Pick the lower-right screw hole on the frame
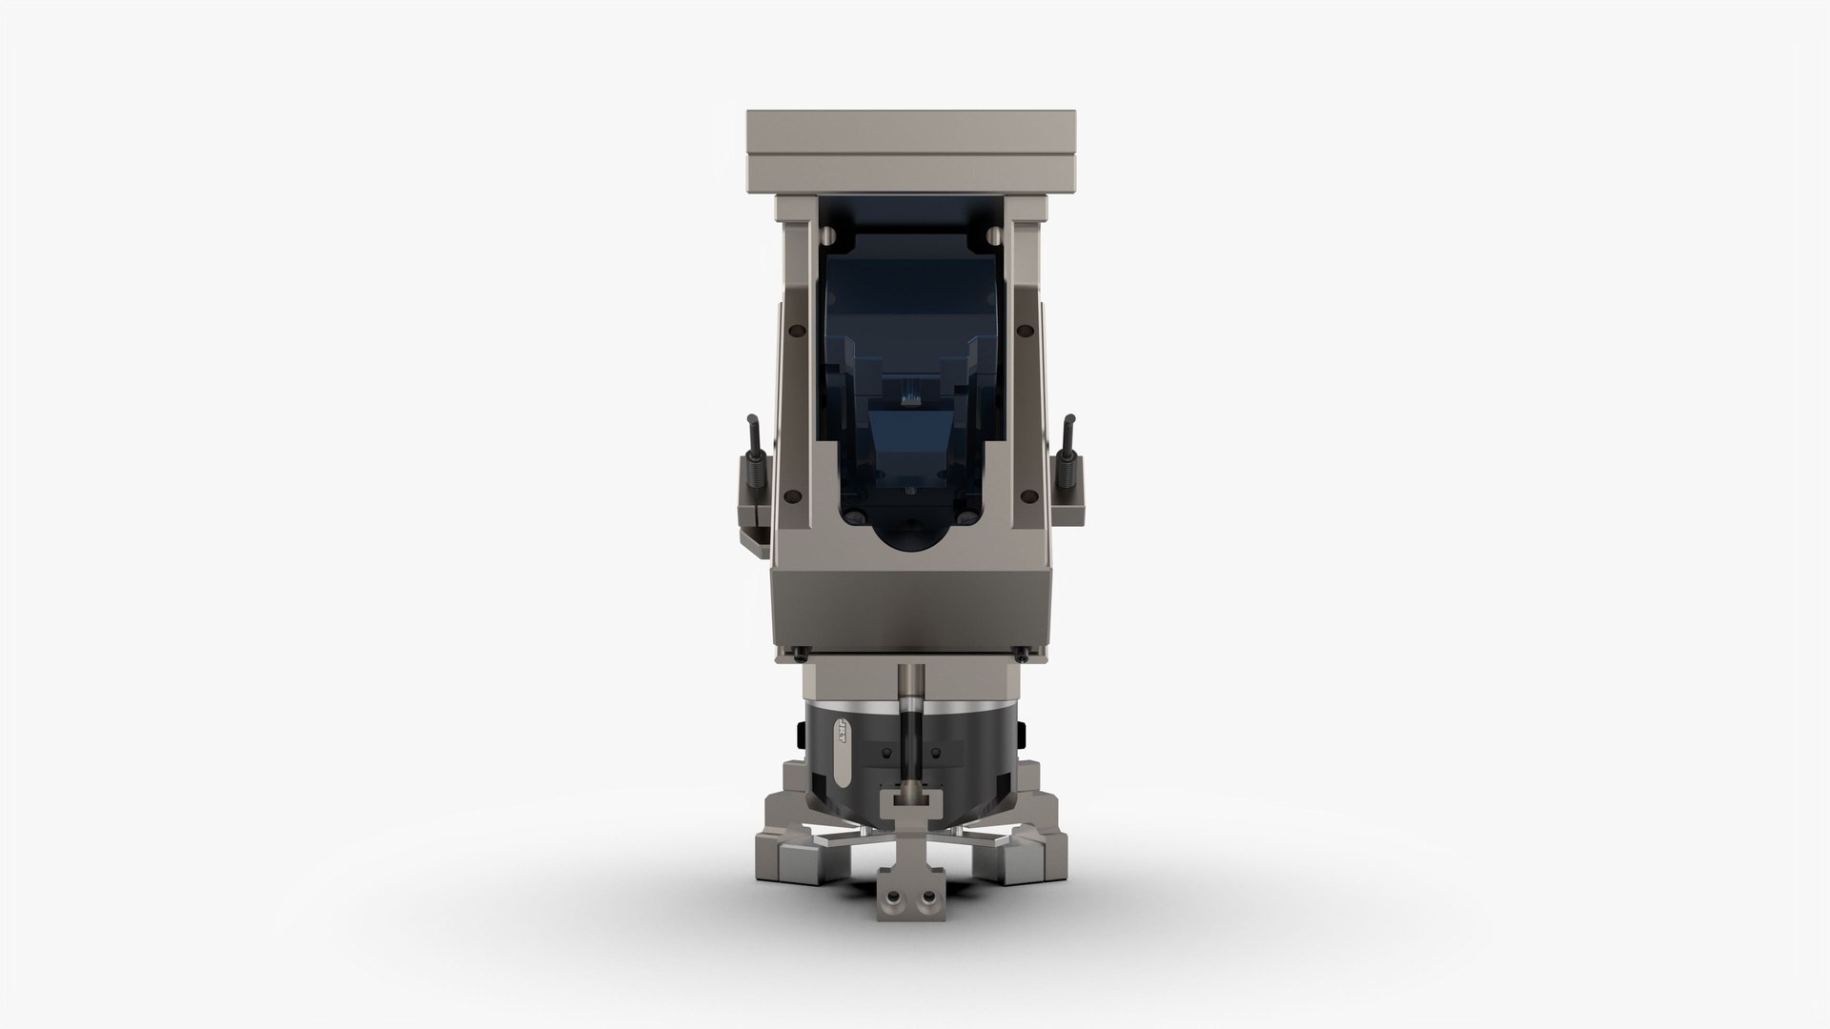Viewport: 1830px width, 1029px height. click(1029, 494)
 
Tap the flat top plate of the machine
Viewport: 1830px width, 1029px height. click(910, 143)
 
